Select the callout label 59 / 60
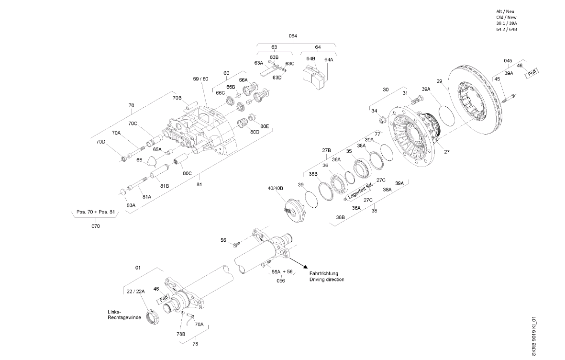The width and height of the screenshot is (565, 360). (x=201, y=79)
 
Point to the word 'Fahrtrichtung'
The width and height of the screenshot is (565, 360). (x=324, y=273)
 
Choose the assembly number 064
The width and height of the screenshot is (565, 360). (x=293, y=36)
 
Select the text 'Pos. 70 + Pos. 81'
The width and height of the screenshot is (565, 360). (x=96, y=212)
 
